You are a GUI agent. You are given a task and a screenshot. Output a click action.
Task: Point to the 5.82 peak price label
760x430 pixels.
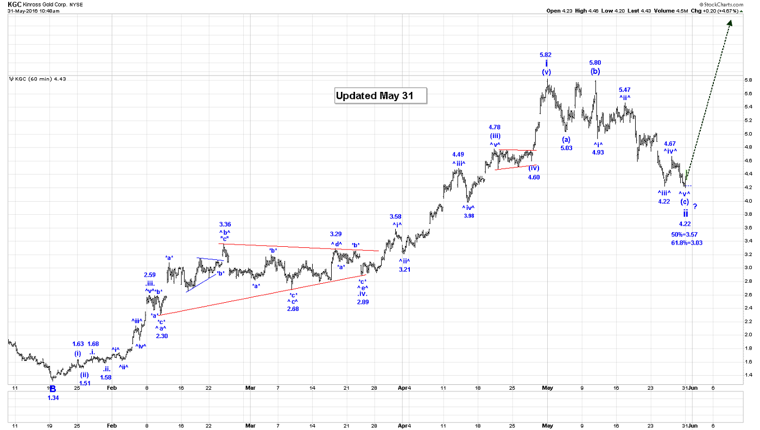[546, 55]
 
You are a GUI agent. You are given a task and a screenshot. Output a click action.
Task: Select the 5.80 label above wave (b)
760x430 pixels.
[595, 63]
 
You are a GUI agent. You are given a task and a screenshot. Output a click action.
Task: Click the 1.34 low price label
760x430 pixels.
[53, 398]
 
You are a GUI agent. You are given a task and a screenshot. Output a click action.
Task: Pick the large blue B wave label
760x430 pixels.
[53, 389]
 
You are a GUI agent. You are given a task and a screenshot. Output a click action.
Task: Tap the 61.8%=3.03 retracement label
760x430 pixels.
[687, 242]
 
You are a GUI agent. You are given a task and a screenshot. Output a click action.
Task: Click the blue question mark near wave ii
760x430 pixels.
[694, 207]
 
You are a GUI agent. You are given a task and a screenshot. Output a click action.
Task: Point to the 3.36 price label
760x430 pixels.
[225, 224]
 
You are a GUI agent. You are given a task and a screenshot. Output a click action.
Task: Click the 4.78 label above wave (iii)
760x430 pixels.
[495, 127]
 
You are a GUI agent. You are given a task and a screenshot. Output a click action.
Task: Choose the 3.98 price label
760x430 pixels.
[468, 216]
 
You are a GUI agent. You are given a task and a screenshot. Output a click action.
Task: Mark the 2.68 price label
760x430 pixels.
[293, 309]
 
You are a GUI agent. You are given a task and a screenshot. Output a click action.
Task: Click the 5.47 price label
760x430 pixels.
[624, 90]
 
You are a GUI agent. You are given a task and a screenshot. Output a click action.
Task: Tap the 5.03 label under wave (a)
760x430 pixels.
[566, 148]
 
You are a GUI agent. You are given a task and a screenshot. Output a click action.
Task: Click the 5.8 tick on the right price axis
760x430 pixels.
[748, 80]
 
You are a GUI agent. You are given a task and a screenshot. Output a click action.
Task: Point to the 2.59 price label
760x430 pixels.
[150, 275]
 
